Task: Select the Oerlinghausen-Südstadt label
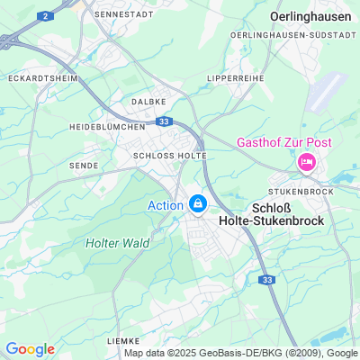coord(305,34)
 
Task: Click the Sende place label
coord(84,166)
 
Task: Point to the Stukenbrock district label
coord(303,192)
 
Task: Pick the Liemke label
coord(123,341)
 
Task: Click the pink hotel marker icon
coord(306,162)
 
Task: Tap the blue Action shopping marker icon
coord(197,204)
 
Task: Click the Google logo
coord(30,349)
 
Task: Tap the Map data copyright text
coord(241,353)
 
